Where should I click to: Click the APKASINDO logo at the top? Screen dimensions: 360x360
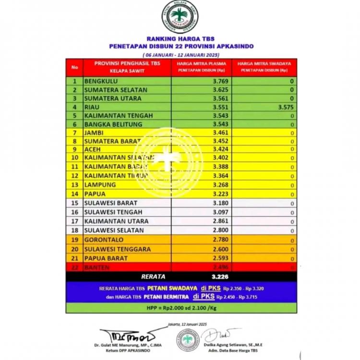click(180, 17)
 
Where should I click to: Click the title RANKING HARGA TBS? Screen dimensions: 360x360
click(181, 39)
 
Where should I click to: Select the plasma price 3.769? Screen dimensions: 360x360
click(221, 81)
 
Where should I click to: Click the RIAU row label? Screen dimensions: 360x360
click(92, 107)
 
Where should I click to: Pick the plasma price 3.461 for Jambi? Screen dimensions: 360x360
click(221, 132)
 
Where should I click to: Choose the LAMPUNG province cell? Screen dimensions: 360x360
click(100, 185)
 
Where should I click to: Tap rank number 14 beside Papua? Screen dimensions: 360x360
click(74, 194)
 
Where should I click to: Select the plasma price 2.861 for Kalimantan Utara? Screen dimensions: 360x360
click(221, 221)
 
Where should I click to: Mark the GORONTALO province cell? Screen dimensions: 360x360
click(104, 240)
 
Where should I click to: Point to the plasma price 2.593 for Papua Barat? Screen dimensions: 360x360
click(221, 258)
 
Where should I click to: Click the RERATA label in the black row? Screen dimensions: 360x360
click(153, 276)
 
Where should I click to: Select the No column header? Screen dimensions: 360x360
click(74, 67)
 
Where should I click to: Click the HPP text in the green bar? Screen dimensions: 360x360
click(181, 307)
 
